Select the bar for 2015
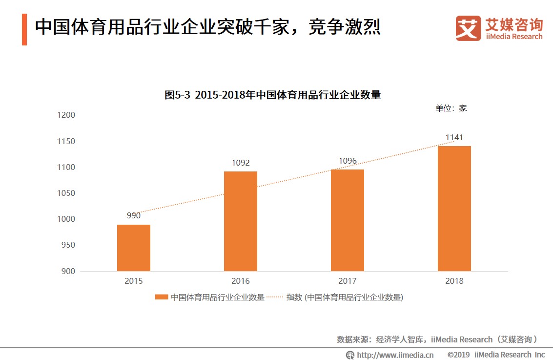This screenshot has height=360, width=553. (x=134, y=248)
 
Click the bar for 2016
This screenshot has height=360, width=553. (x=241, y=221)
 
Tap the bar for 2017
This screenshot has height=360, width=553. (x=348, y=220)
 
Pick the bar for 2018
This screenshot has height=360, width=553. (x=454, y=208)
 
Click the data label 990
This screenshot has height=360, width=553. (x=134, y=215)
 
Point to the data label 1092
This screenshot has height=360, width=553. (x=241, y=163)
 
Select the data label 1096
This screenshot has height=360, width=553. (x=348, y=161)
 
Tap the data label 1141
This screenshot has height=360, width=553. (x=454, y=137)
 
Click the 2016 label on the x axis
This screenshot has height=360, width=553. (x=241, y=281)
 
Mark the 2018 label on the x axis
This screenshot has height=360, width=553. (x=454, y=281)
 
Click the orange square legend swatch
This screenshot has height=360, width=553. (x=162, y=297)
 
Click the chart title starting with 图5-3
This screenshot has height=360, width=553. (x=272, y=95)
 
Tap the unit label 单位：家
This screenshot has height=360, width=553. (x=451, y=108)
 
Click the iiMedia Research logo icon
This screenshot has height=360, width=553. (x=468, y=28)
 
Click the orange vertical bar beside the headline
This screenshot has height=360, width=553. (x=24, y=29)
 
